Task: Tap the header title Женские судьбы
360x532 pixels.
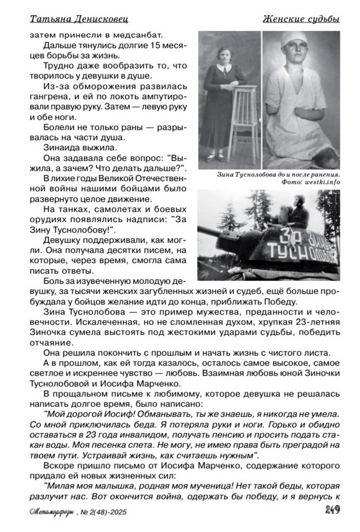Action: tap(301, 18)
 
